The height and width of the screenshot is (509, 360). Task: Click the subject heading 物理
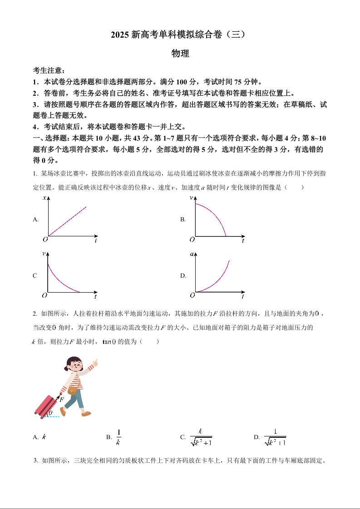tap(180, 54)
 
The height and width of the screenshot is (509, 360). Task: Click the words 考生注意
tap(47, 71)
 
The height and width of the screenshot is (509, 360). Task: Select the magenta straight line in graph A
tap(68, 221)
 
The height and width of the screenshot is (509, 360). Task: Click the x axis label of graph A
tap(44, 198)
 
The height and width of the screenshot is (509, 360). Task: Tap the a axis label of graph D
tap(192, 254)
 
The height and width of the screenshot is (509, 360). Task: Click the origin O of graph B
tap(192, 239)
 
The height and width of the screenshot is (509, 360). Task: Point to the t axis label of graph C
tap(95, 297)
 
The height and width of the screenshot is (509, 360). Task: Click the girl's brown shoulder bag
tap(73, 391)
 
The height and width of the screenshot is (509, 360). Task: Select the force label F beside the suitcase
tap(62, 400)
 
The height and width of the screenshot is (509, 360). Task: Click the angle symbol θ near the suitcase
tap(50, 413)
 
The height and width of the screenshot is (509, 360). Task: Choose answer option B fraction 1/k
tap(118, 437)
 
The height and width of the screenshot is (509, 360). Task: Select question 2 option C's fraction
tap(201, 437)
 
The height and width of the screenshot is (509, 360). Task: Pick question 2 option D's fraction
tap(275, 437)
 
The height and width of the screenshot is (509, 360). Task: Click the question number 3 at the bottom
tap(35, 460)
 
